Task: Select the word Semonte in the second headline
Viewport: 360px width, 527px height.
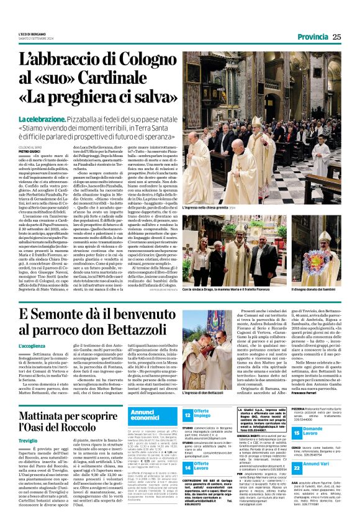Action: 80,315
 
